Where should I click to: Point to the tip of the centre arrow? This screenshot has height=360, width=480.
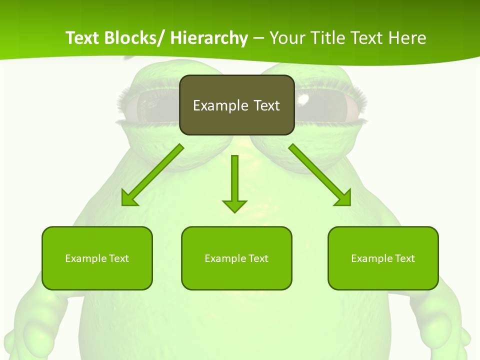(234, 211)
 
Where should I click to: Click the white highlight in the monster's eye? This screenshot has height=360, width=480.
(303, 100)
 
